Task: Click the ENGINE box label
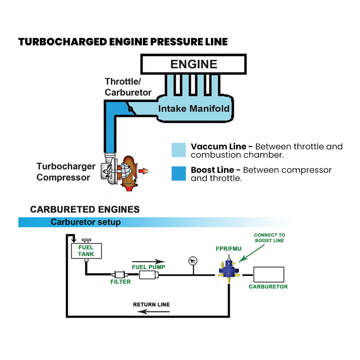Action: pos(193,64)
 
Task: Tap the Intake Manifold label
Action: pos(194,108)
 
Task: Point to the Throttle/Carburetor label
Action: pos(128,87)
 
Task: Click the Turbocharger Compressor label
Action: pos(66,172)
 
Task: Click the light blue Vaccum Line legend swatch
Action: pos(179,150)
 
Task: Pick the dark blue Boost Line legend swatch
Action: pos(179,173)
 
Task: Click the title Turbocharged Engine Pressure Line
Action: pos(123,42)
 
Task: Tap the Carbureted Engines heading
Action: pos(85,210)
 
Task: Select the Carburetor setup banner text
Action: pos(86,222)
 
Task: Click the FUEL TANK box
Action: pos(86,251)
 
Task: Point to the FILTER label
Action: pos(120,282)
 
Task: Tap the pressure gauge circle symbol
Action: pos(193,261)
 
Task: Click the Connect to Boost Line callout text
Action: pos(269,238)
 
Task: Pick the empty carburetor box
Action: pos(269,275)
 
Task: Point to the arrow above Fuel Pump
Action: pos(148,262)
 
